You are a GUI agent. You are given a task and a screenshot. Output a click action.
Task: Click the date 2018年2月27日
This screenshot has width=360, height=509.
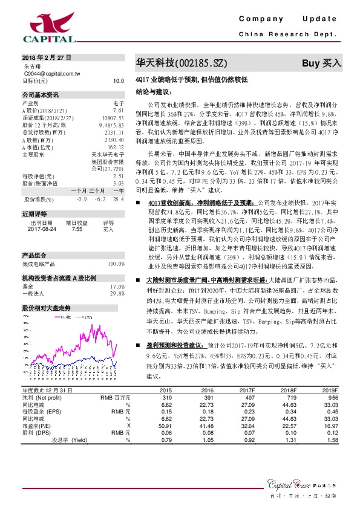coord(47,57)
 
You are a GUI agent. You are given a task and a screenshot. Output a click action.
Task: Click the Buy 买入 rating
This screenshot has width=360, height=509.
coord(321,63)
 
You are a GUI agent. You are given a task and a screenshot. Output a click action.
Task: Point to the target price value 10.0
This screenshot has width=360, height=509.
coord(118,80)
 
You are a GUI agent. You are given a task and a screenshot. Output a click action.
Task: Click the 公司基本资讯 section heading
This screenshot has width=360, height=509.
coord(41,95)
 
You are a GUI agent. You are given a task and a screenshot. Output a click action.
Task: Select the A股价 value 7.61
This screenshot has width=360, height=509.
coord(118,111)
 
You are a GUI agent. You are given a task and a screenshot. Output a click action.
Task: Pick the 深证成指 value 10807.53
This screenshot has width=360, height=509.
coord(113,118)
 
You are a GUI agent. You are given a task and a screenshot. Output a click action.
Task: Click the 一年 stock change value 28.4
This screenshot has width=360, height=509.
coord(118,199)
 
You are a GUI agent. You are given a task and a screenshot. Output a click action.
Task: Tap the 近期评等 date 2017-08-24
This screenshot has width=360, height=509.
coord(41,230)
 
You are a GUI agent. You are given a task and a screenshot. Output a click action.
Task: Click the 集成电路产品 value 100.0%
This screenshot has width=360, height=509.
coord(116,264)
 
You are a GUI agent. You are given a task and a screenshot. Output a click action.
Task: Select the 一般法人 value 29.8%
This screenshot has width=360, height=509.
coord(117,294)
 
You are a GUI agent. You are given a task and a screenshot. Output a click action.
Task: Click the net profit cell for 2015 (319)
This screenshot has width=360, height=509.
coord(166,398)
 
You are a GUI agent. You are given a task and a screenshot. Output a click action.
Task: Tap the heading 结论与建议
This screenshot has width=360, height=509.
coord(154,92)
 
